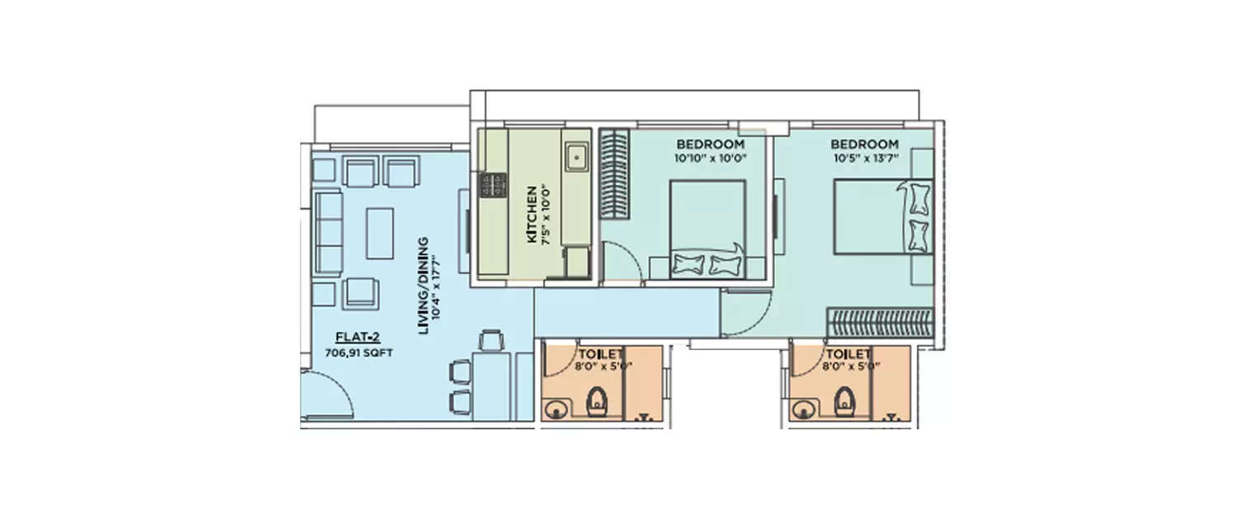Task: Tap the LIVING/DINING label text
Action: coord(423,286)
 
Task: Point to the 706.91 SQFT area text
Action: coord(359,352)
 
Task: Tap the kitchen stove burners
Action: coord(494,186)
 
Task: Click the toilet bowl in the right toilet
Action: coord(843,404)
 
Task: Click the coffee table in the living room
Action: coord(380,232)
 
